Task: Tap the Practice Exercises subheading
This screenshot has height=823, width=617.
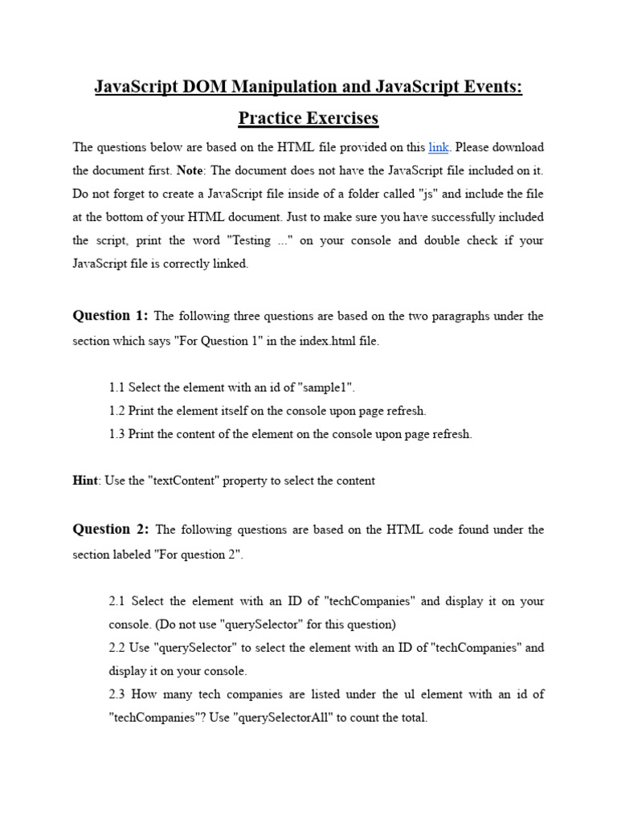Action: [308, 118]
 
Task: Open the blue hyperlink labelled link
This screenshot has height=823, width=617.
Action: [438, 147]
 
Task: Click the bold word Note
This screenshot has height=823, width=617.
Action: [190, 170]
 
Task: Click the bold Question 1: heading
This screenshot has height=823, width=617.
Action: [110, 316]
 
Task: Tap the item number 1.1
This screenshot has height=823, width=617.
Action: [116, 387]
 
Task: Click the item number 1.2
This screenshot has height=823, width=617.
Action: [116, 411]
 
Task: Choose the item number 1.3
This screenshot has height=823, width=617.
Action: [116, 434]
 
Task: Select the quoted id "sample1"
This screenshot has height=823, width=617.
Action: [326, 387]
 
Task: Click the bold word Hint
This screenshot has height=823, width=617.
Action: [84, 481]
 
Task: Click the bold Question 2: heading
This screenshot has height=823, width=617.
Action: [110, 529]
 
